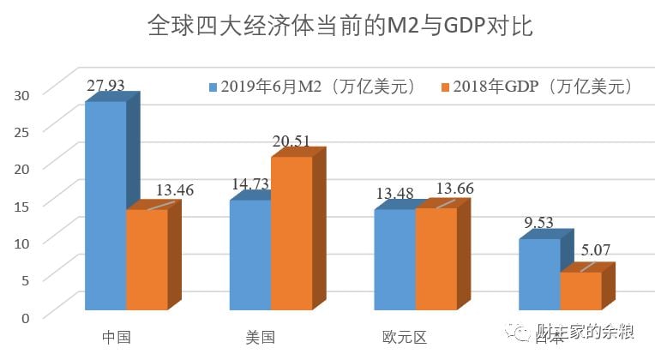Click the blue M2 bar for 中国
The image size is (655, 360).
105,206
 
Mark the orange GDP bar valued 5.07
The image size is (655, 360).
580,291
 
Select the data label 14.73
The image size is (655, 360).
250,183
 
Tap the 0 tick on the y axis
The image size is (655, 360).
26,316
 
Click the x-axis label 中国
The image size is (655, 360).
116,337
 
